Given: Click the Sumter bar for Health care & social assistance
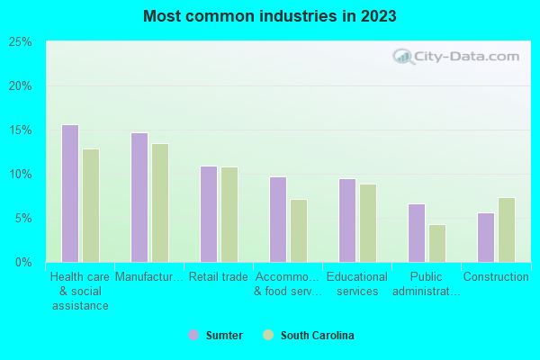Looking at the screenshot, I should point(69,193).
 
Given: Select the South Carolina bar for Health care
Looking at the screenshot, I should point(91,205).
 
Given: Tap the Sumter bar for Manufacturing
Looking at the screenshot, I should point(139,197).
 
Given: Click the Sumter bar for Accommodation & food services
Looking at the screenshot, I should point(277,220).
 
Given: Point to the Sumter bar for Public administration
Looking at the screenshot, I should point(416,233).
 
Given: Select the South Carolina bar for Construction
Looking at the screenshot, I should point(507,229).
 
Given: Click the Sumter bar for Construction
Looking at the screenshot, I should point(485,238).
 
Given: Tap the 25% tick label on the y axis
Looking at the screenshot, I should point(21,42).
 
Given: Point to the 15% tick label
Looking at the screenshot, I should point(21,130).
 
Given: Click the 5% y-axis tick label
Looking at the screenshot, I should point(23,219).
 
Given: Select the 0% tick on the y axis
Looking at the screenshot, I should point(23,263).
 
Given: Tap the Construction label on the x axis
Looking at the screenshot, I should point(496,277).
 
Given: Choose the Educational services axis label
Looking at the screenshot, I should point(357,283).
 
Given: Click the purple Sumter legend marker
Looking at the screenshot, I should point(193,336).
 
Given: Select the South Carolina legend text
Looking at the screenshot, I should point(317,336).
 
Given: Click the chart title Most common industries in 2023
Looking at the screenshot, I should point(269,16).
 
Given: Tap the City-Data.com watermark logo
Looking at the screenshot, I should point(454,58).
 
